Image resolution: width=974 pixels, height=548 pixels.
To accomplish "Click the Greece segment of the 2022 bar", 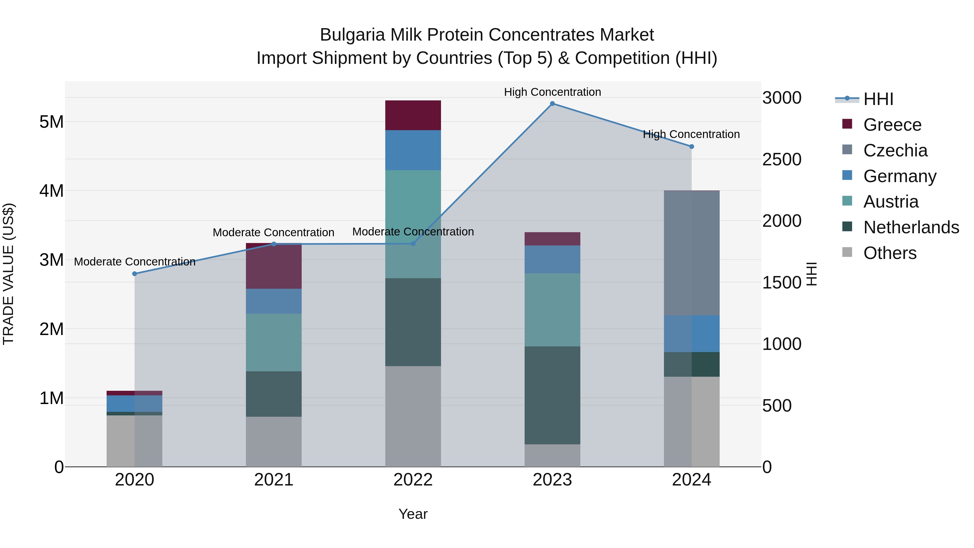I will coord(413,115).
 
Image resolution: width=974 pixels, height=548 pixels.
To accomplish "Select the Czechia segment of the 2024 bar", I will coord(692,253).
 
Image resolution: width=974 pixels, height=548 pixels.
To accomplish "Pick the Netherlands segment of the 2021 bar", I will coord(274,394).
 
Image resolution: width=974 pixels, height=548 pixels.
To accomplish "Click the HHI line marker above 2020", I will coord(135,274).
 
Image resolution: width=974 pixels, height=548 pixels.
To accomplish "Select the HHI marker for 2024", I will coord(692,146).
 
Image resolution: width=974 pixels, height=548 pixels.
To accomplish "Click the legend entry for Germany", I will coord(900,176).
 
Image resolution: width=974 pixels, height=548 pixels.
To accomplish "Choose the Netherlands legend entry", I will coord(911,228).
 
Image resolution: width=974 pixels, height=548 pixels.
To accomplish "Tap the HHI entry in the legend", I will coord(878,99).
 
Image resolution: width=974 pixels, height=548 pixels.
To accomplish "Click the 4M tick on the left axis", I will coord(51,191).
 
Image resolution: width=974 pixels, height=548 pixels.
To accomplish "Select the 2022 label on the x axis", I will coord(413,480).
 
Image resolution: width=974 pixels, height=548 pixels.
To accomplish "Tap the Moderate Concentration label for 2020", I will coord(135,262).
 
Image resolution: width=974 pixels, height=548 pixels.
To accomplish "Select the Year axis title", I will coord(413,514).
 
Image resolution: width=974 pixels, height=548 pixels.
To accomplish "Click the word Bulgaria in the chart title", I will coord(352,35).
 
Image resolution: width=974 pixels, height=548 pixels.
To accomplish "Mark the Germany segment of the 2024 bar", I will coord(692,334).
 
